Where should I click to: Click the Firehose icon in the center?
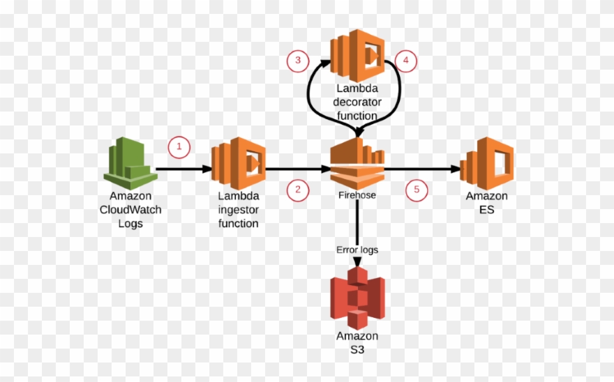click(357, 162)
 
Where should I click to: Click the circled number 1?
click(179, 146)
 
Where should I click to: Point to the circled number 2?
click(298, 189)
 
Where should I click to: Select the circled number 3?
click(298, 61)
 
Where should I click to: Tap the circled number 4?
click(405, 61)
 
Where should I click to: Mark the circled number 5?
click(417, 190)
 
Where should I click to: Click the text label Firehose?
click(357, 195)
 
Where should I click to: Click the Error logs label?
click(357, 249)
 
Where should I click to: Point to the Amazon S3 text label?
click(357, 342)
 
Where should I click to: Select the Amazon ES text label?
click(486, 203)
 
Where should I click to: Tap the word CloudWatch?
click(130, 210)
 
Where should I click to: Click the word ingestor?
click(238, 210)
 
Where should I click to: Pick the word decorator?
click(357, 102)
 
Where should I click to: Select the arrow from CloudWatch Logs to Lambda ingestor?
click(183, 169)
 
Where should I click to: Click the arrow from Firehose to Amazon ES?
click(422, 169)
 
